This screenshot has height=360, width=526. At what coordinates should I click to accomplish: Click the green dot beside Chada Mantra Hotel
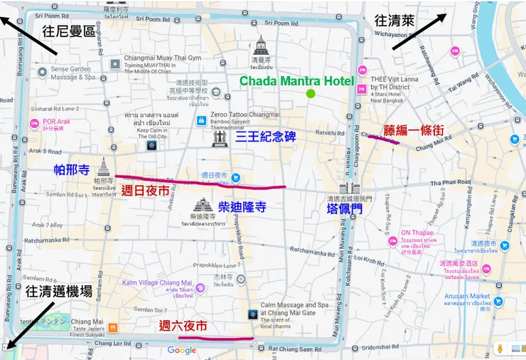pos(310,93)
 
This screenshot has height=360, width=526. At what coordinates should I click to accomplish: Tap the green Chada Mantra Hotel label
pos(296,81)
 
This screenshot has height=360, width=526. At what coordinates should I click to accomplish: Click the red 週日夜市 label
pos(145,190)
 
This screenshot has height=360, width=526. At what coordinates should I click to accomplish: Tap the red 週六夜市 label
pos(183,326)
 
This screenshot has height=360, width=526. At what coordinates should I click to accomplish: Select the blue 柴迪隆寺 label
pos(242,207)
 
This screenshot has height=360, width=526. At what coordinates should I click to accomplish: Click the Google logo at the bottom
pos(182,350)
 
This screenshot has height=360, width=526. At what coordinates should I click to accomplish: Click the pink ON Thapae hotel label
pos(416,233)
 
